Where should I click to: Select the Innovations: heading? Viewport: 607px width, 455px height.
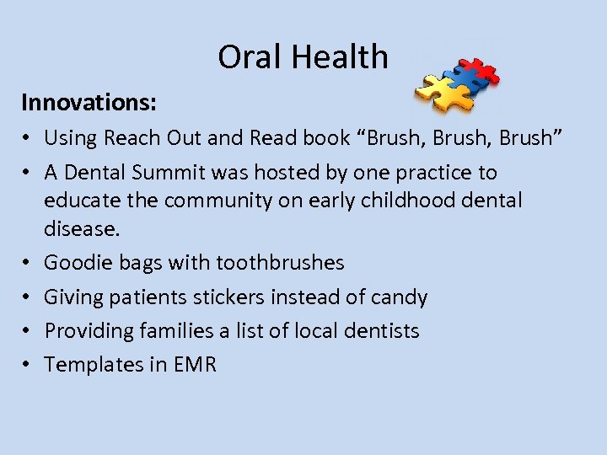point(89,103)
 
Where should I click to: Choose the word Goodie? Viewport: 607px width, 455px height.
point(74,263)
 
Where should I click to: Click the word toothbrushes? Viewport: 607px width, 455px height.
point(280,263)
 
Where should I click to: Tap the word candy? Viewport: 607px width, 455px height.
point(402,297)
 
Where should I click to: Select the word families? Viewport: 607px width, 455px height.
point(173,331)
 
